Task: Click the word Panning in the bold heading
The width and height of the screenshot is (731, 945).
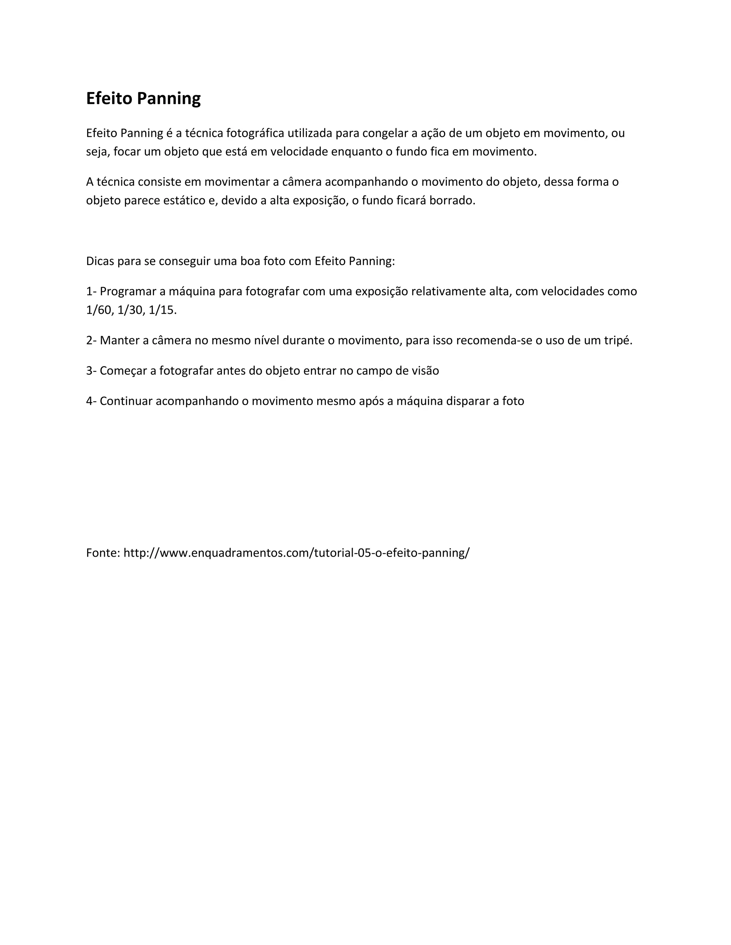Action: click(x=168, y=99)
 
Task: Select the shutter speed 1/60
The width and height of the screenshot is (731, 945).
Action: click(x=99, y=310)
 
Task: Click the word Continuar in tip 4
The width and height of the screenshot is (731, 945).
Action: click(x=126, y=401)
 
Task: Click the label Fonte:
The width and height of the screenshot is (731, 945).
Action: click(x=103, y=552)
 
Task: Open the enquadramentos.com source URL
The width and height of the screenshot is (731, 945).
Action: click(x=296, y=552)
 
